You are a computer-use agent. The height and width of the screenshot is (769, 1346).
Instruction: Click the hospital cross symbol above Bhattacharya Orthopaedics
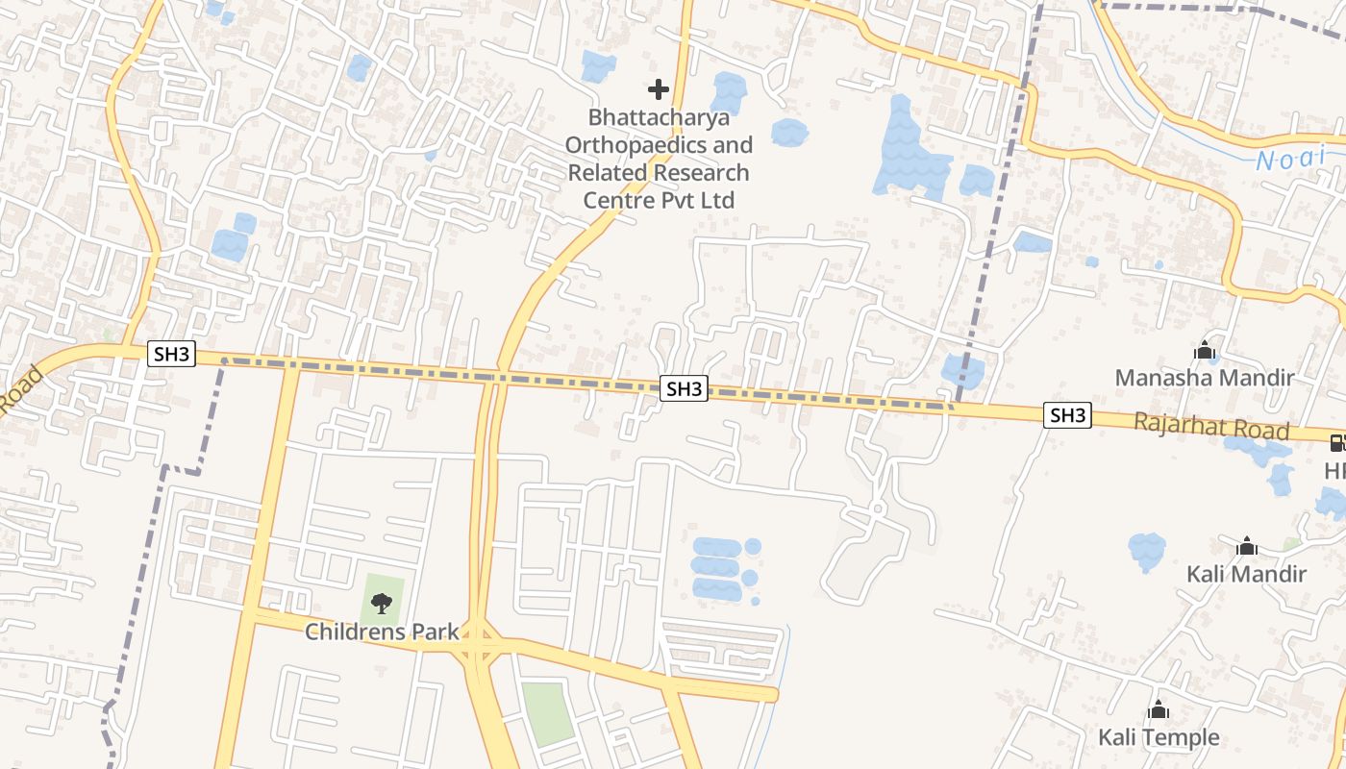(x=659, y=90)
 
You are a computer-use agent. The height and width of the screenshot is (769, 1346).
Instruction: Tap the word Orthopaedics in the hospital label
(x=659, y=145)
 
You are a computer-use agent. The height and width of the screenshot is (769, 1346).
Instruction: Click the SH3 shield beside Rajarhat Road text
(x=1068, y=415)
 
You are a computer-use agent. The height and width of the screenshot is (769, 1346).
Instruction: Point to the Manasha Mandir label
(x=1204, y=378)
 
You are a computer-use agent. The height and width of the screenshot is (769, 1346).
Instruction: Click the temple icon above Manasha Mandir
(x=1205, y=351)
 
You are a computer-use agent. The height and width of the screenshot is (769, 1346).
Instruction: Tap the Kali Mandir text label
(x=1246, y=574)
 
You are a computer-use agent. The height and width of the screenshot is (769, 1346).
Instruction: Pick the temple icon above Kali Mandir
(x=1247, y=547)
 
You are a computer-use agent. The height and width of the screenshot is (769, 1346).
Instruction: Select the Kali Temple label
(x=1159, y=737)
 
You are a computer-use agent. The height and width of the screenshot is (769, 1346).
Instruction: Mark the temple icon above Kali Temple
(x=1159, y=710)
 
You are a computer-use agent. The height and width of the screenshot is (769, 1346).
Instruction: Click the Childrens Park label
(x=382, y=632)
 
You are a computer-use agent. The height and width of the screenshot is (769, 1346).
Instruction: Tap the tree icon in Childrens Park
(x=382, y=604)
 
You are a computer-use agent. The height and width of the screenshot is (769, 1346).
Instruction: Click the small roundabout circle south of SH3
(x=877, y=508)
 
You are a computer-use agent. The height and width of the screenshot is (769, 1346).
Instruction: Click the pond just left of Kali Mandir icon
(x=1146, y=551)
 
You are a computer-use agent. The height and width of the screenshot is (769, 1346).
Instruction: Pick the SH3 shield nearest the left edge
(x=172, y=354)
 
